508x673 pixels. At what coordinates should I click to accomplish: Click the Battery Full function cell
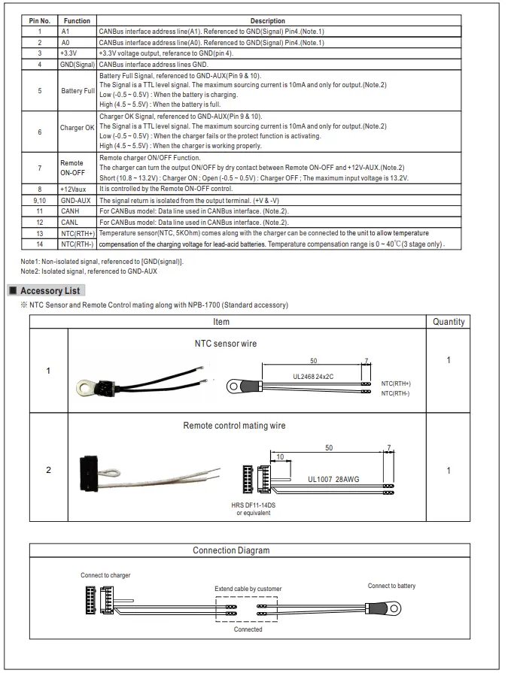tap(78, 90)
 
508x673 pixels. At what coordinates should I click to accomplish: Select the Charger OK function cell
tap(78, 128)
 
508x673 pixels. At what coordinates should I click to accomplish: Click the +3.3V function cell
tap(69, 53)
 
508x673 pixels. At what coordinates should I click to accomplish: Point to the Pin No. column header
tap(39, 21)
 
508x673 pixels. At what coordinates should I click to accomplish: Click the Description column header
tap(267, 21)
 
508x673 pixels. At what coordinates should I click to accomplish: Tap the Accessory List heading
tap(50, 291)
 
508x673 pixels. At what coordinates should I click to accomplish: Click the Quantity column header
tap(449, 322)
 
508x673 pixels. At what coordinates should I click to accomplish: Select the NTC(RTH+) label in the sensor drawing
tap(396, 383)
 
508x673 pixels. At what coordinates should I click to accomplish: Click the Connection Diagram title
tap(231, 550)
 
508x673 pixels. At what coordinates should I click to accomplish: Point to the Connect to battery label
tap(391, 586)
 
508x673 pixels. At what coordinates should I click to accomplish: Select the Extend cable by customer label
tap(248, 589)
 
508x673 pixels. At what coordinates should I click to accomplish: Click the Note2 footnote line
tap(89, 271)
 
